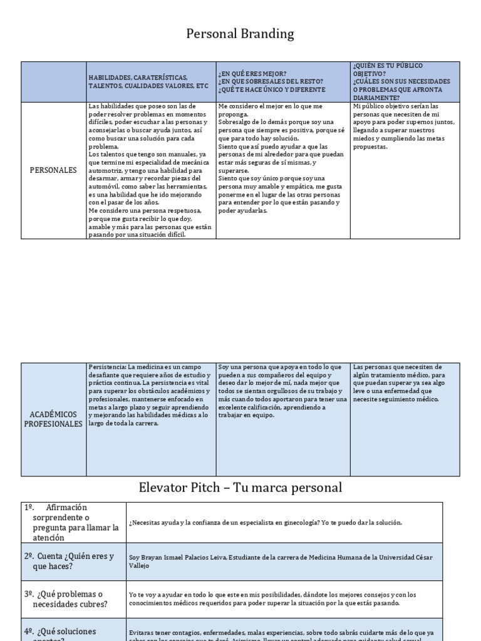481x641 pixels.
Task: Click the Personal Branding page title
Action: (x=240, y=34)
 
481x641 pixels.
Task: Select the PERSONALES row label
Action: (x=53, y=170)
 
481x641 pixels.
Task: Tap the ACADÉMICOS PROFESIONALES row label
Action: (x=53, y=419)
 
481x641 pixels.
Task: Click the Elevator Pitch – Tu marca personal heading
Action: (x=240, y=488)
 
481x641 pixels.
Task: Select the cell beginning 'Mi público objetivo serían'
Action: (x=404, y=126)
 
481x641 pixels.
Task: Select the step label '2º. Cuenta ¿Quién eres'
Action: (x=69, y=561)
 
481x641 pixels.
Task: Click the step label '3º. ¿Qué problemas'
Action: (x=65, y=599)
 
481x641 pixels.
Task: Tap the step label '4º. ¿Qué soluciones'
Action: (x=66, y=632)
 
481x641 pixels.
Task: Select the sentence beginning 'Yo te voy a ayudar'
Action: (x=272, y=599)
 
